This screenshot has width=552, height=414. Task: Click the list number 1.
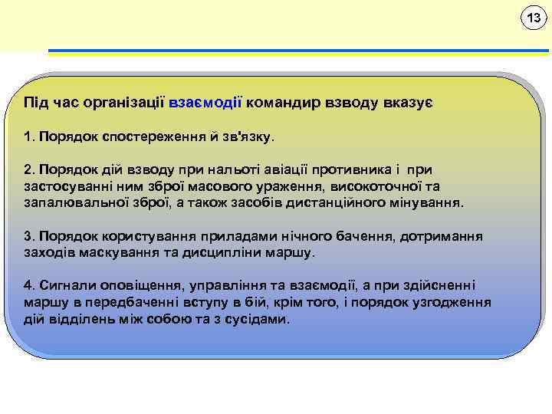pyautogui.click(x=28, y=138)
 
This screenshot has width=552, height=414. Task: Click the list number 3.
pyautogui.click(x=28, y=235)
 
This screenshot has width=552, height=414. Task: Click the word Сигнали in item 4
pyautogui.click(x=66, y=285)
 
